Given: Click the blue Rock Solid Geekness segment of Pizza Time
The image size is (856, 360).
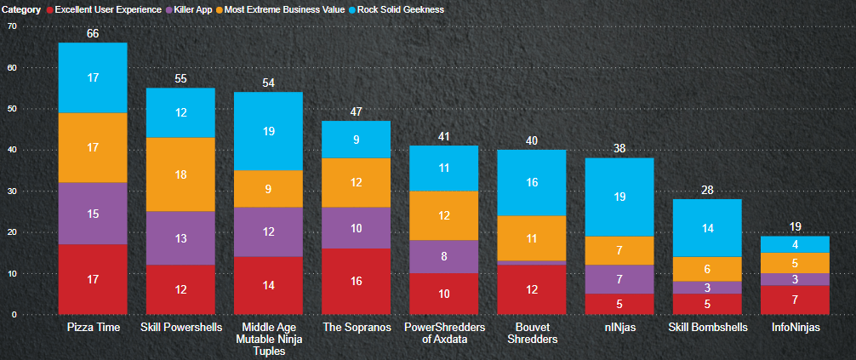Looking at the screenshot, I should point(93,77).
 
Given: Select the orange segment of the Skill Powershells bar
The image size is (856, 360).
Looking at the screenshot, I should point(180,174).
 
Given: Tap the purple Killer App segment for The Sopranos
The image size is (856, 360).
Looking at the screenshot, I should point(356,228).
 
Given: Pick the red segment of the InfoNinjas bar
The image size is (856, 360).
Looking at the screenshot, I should point(795,300).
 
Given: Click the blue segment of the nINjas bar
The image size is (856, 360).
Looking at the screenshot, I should point(619,197).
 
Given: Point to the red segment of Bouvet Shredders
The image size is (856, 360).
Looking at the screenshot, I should point(532,289).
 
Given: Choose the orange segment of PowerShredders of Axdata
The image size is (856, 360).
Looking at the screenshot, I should point(444,215).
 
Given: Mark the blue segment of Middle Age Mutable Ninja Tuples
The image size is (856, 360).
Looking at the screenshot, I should point(268,131).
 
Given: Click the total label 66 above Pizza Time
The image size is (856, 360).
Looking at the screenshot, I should point(93,34).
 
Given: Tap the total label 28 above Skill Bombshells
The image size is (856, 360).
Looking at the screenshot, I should point(707,190).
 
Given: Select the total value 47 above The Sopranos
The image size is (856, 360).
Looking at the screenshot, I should point(356,111).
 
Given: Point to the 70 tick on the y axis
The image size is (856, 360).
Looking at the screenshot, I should point(11,26).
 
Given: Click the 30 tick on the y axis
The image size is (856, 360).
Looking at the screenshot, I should point(11,191).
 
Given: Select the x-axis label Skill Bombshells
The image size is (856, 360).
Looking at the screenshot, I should point(707,327).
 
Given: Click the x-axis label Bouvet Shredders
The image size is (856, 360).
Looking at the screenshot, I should point(532,332).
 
